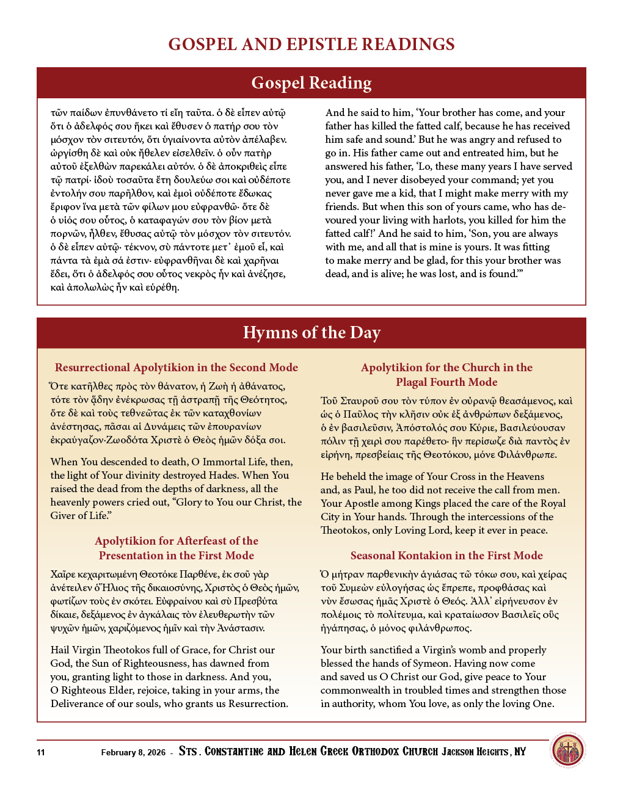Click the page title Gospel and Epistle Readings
tap(311, 45)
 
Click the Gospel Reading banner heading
tap(311, 83)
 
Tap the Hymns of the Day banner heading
tap(311, 333)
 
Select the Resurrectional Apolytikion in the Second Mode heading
tap(177, 368)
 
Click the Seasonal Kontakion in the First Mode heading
tap(446, 556)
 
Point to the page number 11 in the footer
tap(41, 752)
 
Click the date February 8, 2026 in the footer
tap(133, 752)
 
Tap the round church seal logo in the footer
tap(567, 750)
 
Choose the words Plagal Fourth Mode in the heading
tap(446, 382)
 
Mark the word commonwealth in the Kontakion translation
tap(355, 691)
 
